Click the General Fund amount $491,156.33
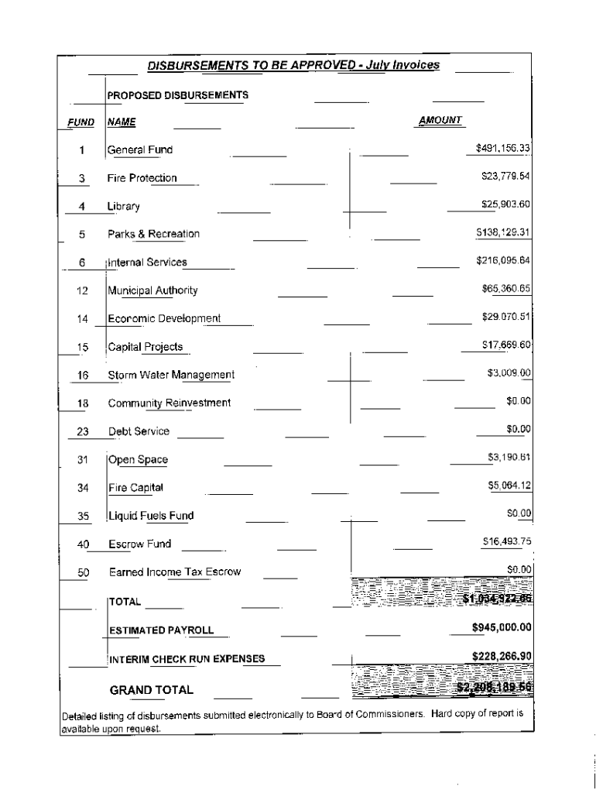click(x=502, y=147)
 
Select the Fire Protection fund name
click(x=142, y=178)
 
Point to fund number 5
click(x=81, y=234)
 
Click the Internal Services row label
click(x=147, y=263)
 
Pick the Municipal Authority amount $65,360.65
click(x=505, y=289)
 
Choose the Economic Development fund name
click(x=164, y=318)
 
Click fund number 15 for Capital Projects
click(x=83, y=347)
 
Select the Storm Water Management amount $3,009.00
click(x=509, y=373)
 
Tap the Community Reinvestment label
click(x=169, y=403)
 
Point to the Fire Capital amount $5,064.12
click(x=509, y=486)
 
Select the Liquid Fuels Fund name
click(x=150, y=516)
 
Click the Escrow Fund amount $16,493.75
click(x=505, y=541)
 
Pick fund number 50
click(x=84, y=572)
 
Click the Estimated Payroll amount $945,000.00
click(x=501, y=627)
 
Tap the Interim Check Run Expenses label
click(x=186, y=660)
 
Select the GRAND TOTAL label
click(x=152, y=690)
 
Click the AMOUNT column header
click(x=440, y=120)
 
